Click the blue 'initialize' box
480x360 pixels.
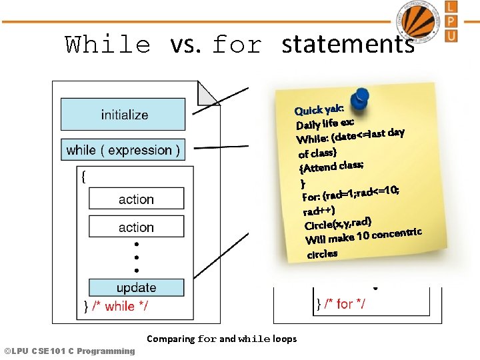pos(123,115)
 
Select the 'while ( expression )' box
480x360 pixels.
pos(123,150)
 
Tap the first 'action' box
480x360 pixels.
pos(136,199)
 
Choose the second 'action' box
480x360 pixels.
pos(136,227)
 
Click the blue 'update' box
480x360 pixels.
pos(136,288)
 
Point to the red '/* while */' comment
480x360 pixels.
pos(120,306)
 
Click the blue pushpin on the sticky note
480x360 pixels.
pos(359,98)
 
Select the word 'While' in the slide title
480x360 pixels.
pos(108,45)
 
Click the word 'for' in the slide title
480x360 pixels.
pos(236,45)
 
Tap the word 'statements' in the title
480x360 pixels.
pos(347,45)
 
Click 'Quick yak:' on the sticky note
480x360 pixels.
pos(319,109)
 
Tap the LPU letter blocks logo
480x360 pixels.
pos(451,21)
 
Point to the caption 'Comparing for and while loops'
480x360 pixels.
pos(221,339)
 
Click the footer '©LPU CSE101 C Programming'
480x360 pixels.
pos(69,351)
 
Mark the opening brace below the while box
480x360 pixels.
pos(83,177)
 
